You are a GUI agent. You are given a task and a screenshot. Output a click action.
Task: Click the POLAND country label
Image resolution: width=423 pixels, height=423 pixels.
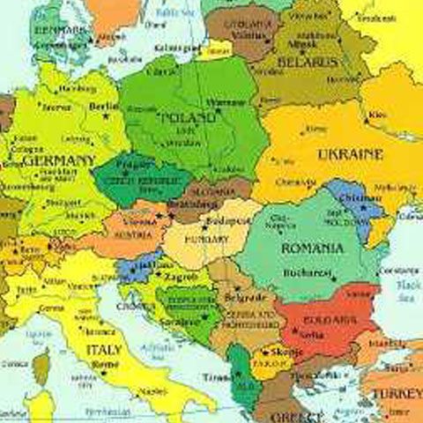coord(188,117)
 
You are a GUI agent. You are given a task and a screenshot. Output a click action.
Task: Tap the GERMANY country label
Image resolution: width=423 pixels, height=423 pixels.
coord(60,161)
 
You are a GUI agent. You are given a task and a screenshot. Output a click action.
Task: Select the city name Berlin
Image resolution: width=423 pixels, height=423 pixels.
coord(104,106)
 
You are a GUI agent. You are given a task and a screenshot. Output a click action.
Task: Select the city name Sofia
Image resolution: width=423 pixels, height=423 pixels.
coord(308,336)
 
